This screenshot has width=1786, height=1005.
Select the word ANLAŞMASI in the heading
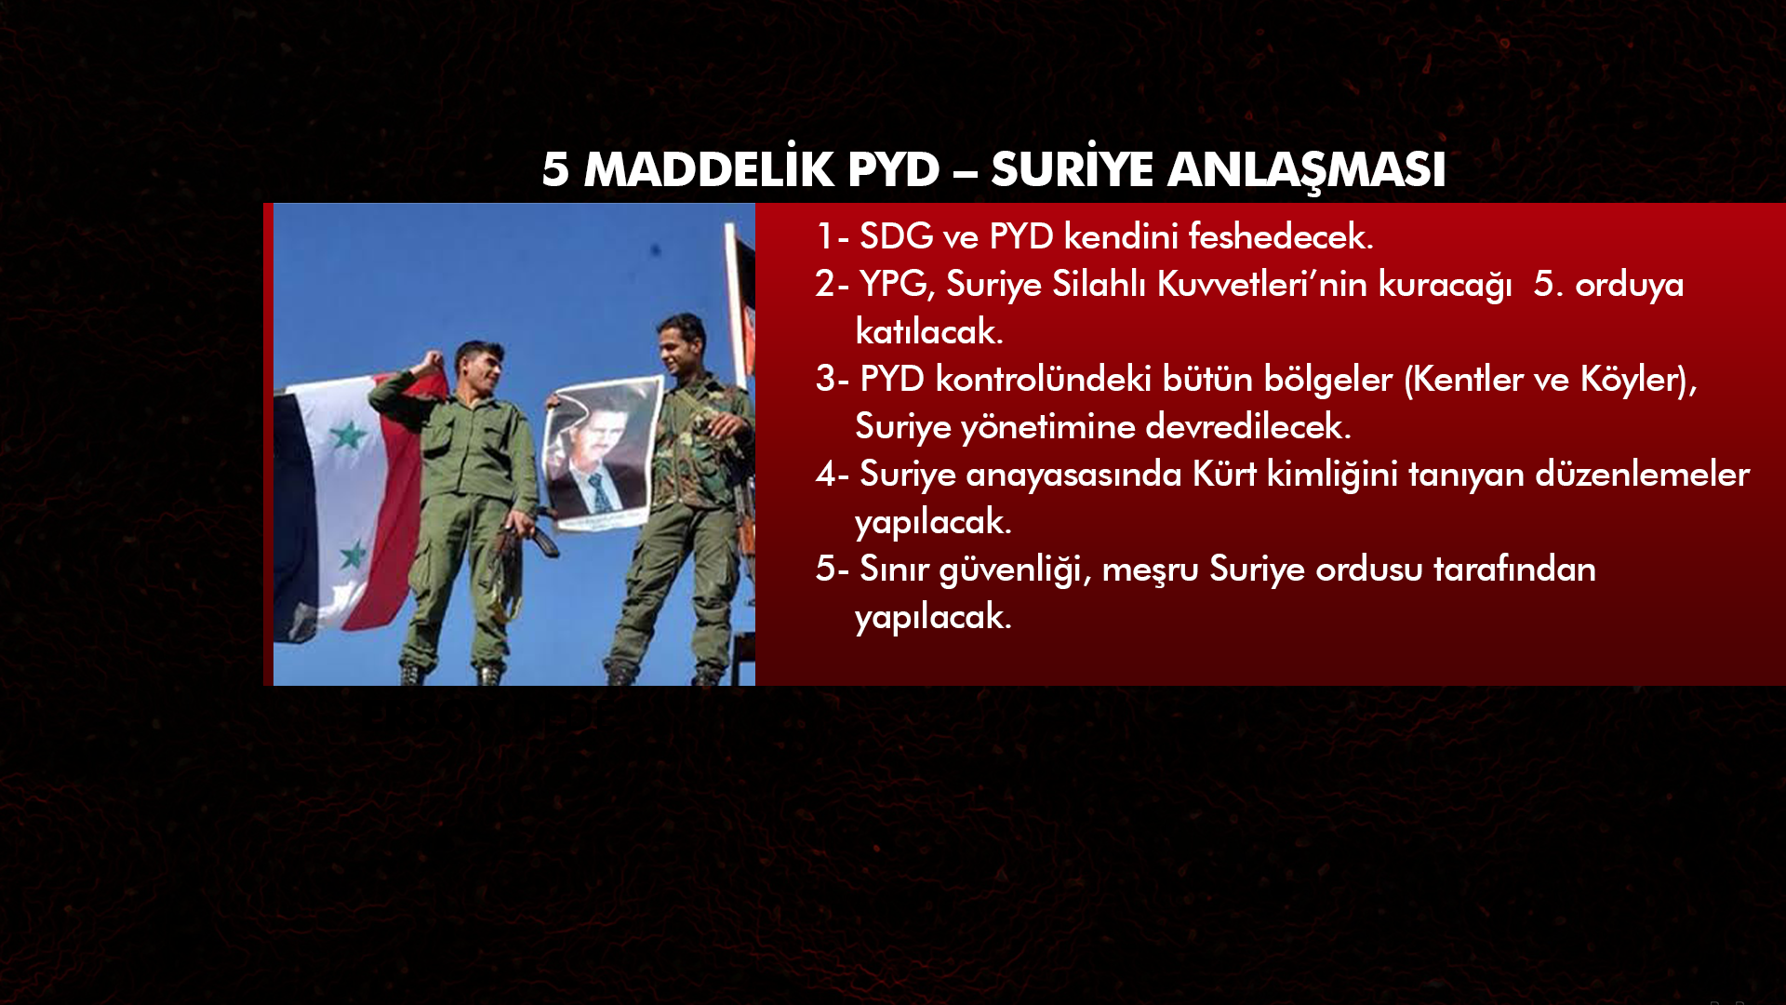1306,170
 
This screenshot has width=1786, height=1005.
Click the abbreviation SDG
896,236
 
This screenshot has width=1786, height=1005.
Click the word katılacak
929,331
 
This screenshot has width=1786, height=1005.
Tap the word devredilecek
1247,426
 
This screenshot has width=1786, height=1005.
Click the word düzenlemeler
1643,474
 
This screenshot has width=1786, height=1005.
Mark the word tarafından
1514,569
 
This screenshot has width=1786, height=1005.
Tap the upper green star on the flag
349,435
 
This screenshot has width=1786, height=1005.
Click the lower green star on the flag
353,556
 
